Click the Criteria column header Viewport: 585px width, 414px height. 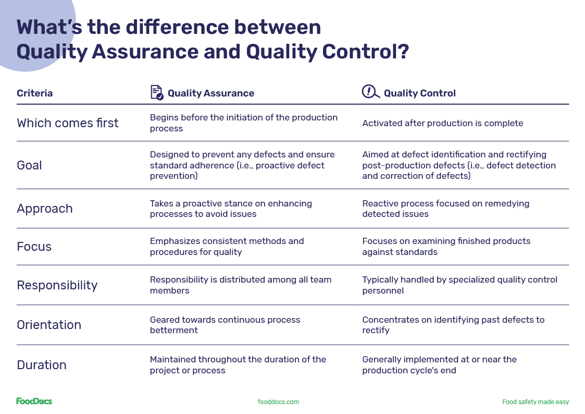pyautogui.click(x=34, y=93)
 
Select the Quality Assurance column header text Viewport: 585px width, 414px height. pyautogui.click(x=210, y=93)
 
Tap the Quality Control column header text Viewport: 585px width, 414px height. pyautogui.click(x=419, y=93)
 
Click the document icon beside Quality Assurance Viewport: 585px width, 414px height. pyautogui.click(x=156, y=92)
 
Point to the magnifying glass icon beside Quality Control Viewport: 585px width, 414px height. pyautogui.click(x=370, y=92)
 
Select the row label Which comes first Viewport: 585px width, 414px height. pyautogui.click(x=67, y=123)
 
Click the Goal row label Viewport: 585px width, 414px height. pyautogui.click(x=29, y=165)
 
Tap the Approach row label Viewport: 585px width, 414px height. pyautogui.click(x=44, y=209)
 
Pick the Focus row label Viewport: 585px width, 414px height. pyautogui.click(x=34, y=247)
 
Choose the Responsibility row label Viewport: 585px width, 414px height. pyautogui.click(x=57, y=285)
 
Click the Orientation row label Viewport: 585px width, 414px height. pyautogui.click(x=49, y=325)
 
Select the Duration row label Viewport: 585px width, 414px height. pyautogui.click(x=41, y=365)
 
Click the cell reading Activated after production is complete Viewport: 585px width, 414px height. pyautogui.click(x=442, y=124)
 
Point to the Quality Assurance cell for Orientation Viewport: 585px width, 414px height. pyautogui.click(x=225, y=325)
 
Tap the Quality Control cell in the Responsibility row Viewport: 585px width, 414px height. pyautogui.click(x=459, y=285)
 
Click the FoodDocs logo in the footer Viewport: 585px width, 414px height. pyautogui.click(x=34, y=401)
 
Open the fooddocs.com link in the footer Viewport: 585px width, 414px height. pyautogui.click(x=278, y=402)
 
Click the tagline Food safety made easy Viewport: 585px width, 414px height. pyautogui.click(x=535, y=402)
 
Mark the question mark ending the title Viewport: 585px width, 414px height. pyautogui.click(x=402, y=52)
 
